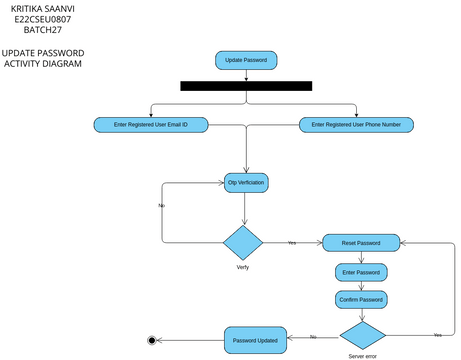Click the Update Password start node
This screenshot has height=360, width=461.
coord(246,60)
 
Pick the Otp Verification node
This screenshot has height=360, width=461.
coord(246,183)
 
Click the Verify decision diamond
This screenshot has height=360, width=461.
coord(242,243)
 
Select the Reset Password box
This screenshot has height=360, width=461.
coord(361,243)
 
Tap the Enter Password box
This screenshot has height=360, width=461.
coord(361,271)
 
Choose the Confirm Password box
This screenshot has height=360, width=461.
coord(361,298)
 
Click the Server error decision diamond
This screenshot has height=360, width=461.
coord(362,333)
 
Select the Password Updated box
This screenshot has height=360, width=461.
coord(255,340)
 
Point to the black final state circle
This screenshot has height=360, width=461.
coord(152,340)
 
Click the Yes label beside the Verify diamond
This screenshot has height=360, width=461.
coord(292,243)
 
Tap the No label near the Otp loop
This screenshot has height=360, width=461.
coord(162,205)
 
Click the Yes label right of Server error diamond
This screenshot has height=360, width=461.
coord(437,334)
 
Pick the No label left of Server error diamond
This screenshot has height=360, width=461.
coord(313,336)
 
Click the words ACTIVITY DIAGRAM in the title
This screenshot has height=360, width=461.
coord(42,64)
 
